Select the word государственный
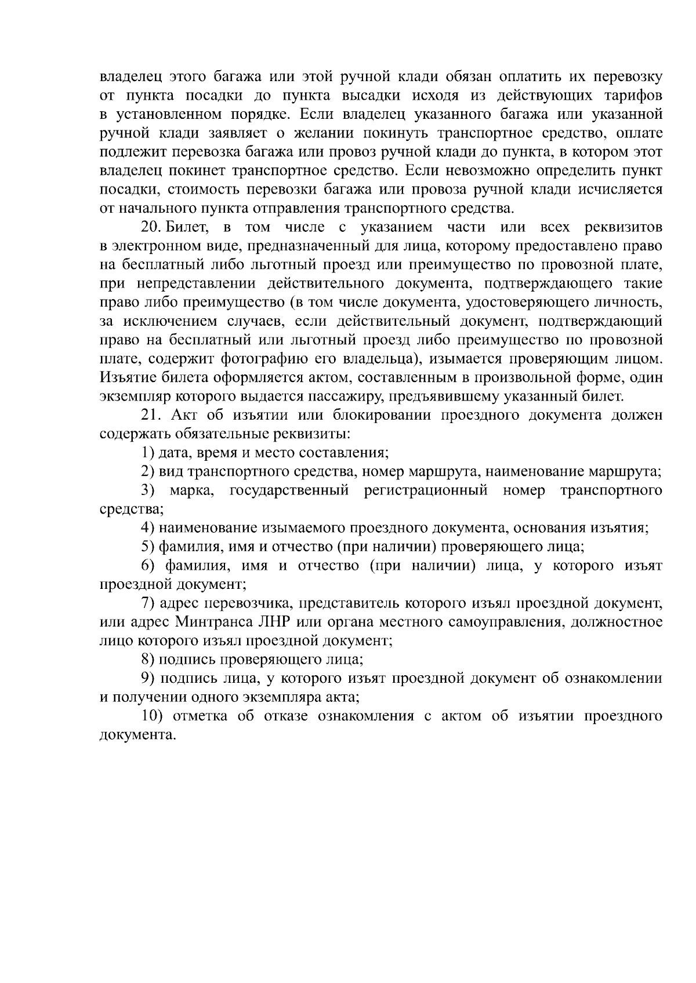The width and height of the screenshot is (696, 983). point(289,490)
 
